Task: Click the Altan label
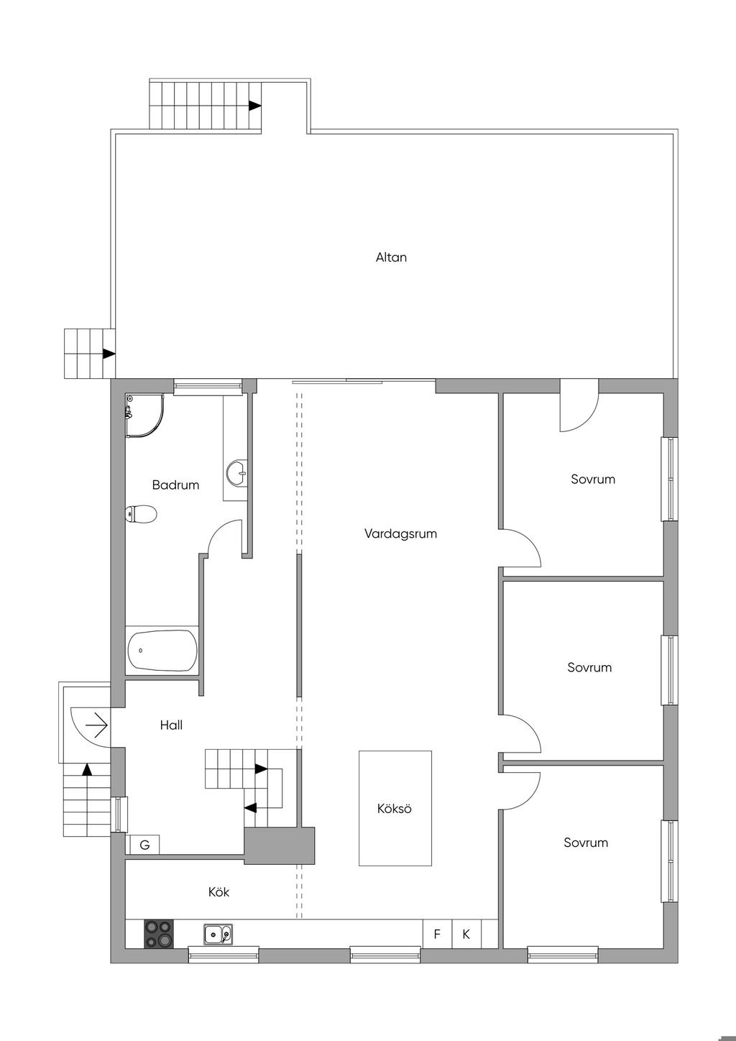pyautogui.click(x=391, y=257)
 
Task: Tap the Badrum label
pyautogui.click(x=175, y=485)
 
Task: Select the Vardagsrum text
pyautogui.click(x=400, y=534)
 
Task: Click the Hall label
pyautogui.click(x=171, y=725)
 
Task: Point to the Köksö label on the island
pyautogui.click(x=395, y=809)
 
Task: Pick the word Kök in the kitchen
pyautogui.click(x=218, y=892)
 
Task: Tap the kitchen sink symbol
pyautogui.click(x=218, y=933)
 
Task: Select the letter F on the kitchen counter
pyautogui.click(x=437, y=934)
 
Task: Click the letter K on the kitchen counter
pyautogui.click(x=466, y=934)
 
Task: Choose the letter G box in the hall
pyautogui.click(x=144, y=845)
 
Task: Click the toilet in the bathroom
pyautogui.click(x=142, y=514)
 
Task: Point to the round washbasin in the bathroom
pyautogui.click(x=237, y=474)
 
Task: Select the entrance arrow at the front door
pyautogui.click(x=96, y=725)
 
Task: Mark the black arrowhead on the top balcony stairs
pyautogui.click(x=254, y=106)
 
